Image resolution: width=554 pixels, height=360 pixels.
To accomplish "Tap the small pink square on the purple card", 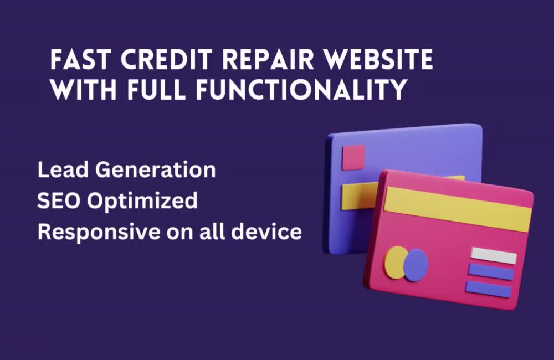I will click(x=353, y=157).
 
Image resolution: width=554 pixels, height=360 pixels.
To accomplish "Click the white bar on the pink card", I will click(x=493, y=255).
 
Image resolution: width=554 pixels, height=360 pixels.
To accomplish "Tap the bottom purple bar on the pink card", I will click(x=488, y=289).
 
